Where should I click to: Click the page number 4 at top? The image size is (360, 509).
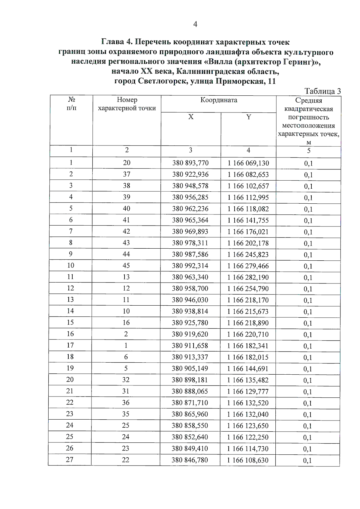tap(195, 25)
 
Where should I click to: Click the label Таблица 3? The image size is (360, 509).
tap(322, 91)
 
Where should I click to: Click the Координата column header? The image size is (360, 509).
tap(219, 100)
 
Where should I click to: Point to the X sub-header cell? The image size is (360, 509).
tap(191, 117)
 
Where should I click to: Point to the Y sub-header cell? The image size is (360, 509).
tap(248, 117)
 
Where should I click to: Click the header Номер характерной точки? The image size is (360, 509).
tap(127, 104)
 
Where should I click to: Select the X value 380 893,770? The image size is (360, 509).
tap(190, 163)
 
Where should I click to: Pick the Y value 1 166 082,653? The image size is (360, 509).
tap(248, 175)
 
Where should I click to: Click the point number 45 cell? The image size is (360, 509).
tap(126, 265)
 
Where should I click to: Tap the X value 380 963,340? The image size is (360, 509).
tap(190, 277)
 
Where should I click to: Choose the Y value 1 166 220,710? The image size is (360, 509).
tap(248, 334)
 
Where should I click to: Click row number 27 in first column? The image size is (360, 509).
tap(70, 460)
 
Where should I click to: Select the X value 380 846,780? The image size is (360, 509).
tap(190, 460)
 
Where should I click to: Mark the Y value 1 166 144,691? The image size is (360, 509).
tap(248, 369)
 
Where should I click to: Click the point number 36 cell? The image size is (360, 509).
tap(126, 403)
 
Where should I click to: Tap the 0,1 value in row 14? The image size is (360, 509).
tap(308, 312)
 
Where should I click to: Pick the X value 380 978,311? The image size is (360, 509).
tap(190, 243)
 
